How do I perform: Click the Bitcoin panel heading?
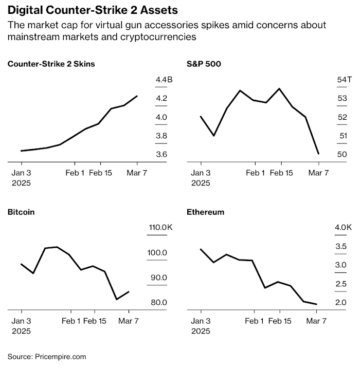click(x=21, y=212)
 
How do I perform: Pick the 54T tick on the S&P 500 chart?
click(x=344, y=80)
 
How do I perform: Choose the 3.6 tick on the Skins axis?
click(x=161, y=154)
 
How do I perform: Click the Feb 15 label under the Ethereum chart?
click(x=280, y=321)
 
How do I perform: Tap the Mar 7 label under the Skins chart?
click(x=137, y=173)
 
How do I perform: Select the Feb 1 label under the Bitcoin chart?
click(x=71, y=321)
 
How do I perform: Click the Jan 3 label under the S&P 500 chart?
click(x=201, y=173)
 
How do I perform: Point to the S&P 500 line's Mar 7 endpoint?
click(x=319, y=154)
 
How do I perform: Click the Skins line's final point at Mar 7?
click(x=137, y=96)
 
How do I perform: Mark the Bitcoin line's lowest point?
click(x=116, y=299)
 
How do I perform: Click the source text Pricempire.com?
click(x=60, y=356)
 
